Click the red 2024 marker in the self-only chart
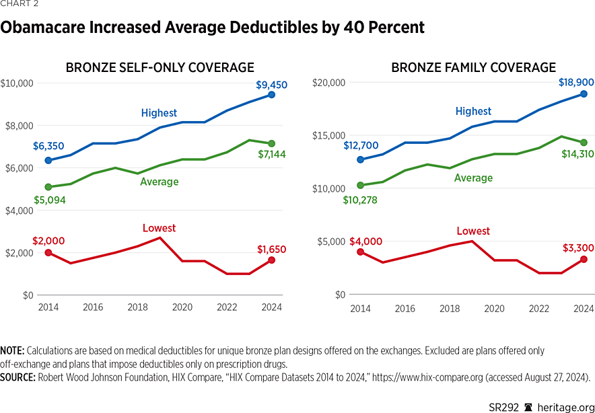coord(271,260)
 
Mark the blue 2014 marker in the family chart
coord(360,159)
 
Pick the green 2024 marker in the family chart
coord(584,143)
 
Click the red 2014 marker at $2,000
coord(47,252)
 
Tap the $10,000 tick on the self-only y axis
coord(17,83)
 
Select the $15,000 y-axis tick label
coord(329,135)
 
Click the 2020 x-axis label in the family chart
coord(495,308)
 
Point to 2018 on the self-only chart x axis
coord(137,308)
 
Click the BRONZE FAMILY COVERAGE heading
coord(473,67)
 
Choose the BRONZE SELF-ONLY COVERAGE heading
coord(160,67)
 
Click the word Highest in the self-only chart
coord(159,113)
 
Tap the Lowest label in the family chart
coord(473,231)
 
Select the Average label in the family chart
coord(473,178)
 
